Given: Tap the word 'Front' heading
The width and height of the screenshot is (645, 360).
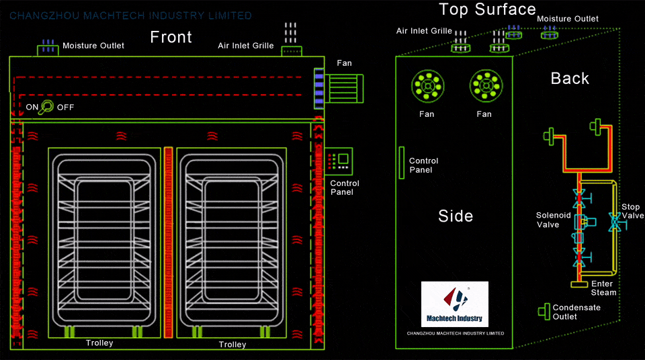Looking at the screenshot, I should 171,37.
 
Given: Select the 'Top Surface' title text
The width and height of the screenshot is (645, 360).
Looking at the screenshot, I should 487,9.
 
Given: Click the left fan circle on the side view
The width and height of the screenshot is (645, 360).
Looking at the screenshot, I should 427,86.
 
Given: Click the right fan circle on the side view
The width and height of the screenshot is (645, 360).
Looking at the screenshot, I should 484,86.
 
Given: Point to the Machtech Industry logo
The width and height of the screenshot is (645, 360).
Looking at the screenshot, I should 455,304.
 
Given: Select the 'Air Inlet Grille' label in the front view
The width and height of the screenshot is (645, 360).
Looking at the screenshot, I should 246,46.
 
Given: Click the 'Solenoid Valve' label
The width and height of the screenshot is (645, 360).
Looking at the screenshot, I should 553,220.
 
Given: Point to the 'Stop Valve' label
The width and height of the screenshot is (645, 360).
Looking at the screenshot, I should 632,211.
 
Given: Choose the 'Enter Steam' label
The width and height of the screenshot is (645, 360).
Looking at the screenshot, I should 603,288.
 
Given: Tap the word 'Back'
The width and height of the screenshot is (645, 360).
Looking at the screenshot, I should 569,79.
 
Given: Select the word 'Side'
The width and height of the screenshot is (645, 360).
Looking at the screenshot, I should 455,216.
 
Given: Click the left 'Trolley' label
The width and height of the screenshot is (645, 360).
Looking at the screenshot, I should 99,343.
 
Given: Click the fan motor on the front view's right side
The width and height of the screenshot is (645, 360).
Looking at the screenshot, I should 344,87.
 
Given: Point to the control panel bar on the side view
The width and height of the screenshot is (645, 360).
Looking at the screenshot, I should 401,161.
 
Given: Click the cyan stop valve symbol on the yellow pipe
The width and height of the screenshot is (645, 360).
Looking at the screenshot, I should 613,223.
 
